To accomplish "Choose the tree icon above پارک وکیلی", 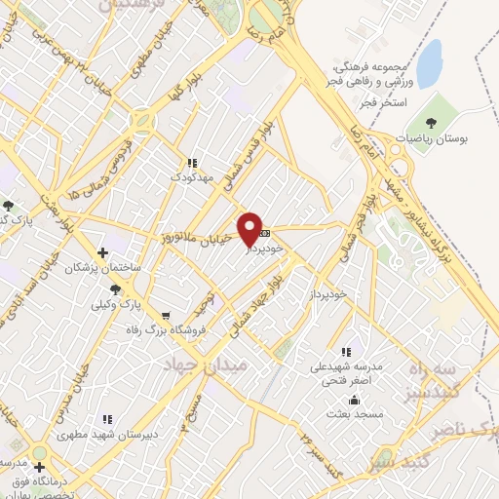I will [x=116, y=288].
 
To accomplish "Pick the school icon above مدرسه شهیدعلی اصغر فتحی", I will [x=345, y=352].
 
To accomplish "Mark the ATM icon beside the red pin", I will [x=265, y=234].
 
